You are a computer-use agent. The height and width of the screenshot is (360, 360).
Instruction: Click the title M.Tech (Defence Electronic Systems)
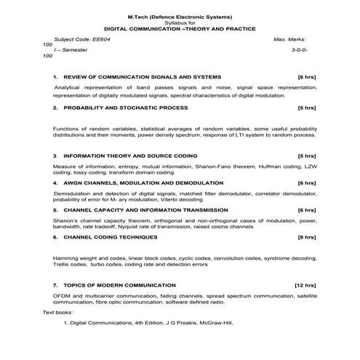click(x=180, y=16)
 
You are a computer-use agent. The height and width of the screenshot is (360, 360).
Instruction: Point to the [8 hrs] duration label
click(x=307, y=236)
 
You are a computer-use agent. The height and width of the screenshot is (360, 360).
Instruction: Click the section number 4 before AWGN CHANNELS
click(x=55, y=183)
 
